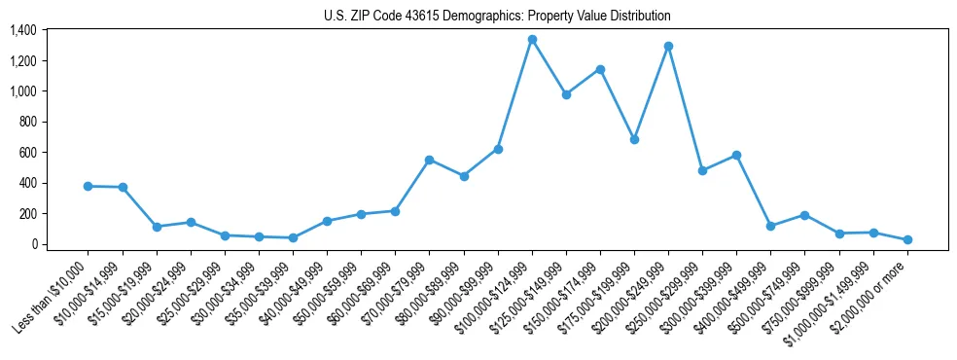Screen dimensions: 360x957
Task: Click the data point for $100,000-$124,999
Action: [x=532, y=40]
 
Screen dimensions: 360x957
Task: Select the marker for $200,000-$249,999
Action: [x=668, y=46]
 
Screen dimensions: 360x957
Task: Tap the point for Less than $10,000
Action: [x=89, y=186]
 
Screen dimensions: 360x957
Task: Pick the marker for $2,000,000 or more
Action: [x=907, y=239]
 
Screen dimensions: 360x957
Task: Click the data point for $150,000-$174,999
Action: [x=600, y=69]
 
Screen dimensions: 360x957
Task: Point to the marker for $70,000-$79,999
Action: [x=430, y=160]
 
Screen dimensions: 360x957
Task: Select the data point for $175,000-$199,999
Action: [x=634, y=139]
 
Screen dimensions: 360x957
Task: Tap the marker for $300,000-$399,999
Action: [x=736, y=155]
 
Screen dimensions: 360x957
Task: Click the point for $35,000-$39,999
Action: [x=293, y=237]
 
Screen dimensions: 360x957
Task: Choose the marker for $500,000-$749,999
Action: [x=804, y=215]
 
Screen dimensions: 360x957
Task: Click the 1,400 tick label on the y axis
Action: [x=22, y=30]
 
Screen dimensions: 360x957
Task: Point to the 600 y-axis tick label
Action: [x=28, y=153]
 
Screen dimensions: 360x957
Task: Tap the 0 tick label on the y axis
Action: [x=33, y=244]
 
